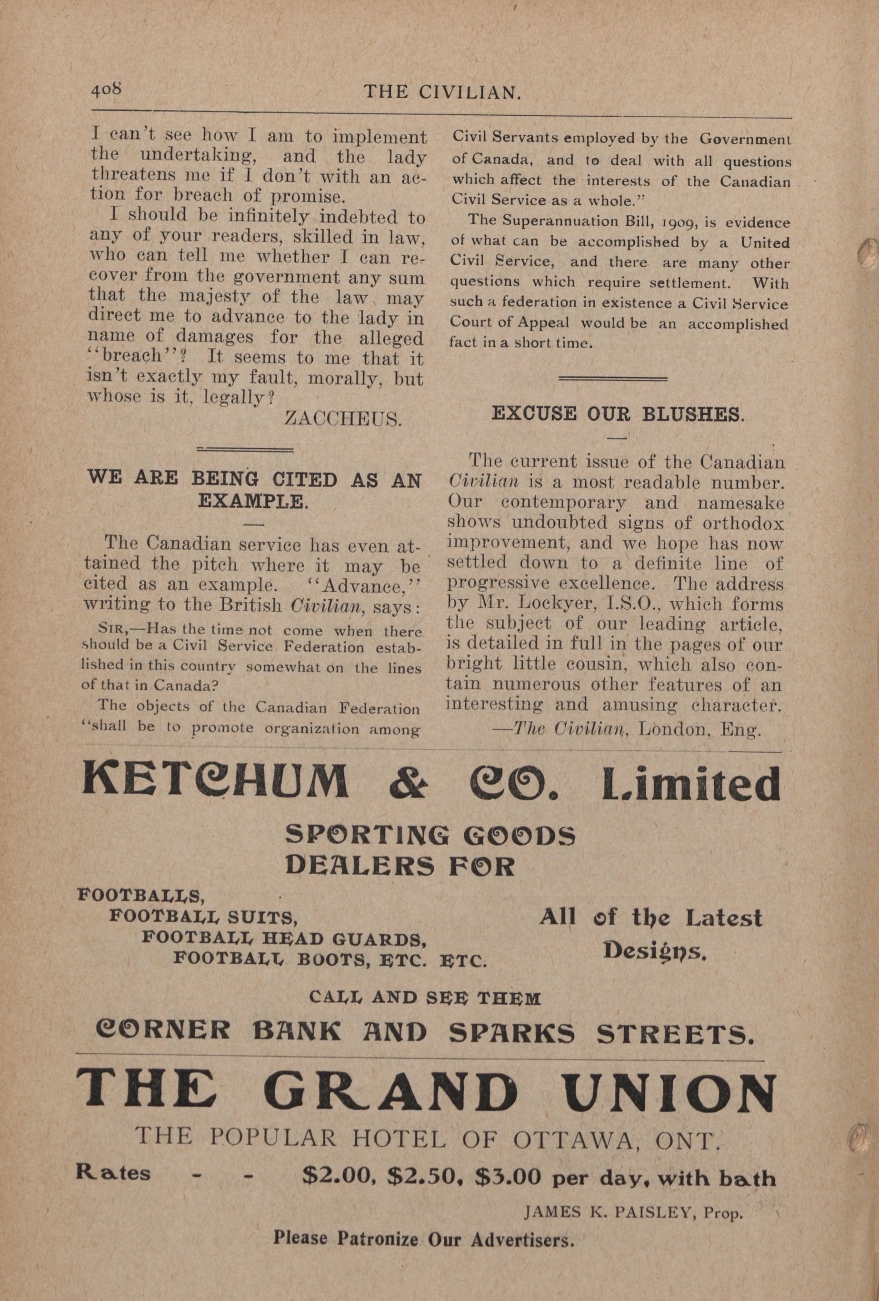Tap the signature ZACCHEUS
(x=343, y=419)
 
